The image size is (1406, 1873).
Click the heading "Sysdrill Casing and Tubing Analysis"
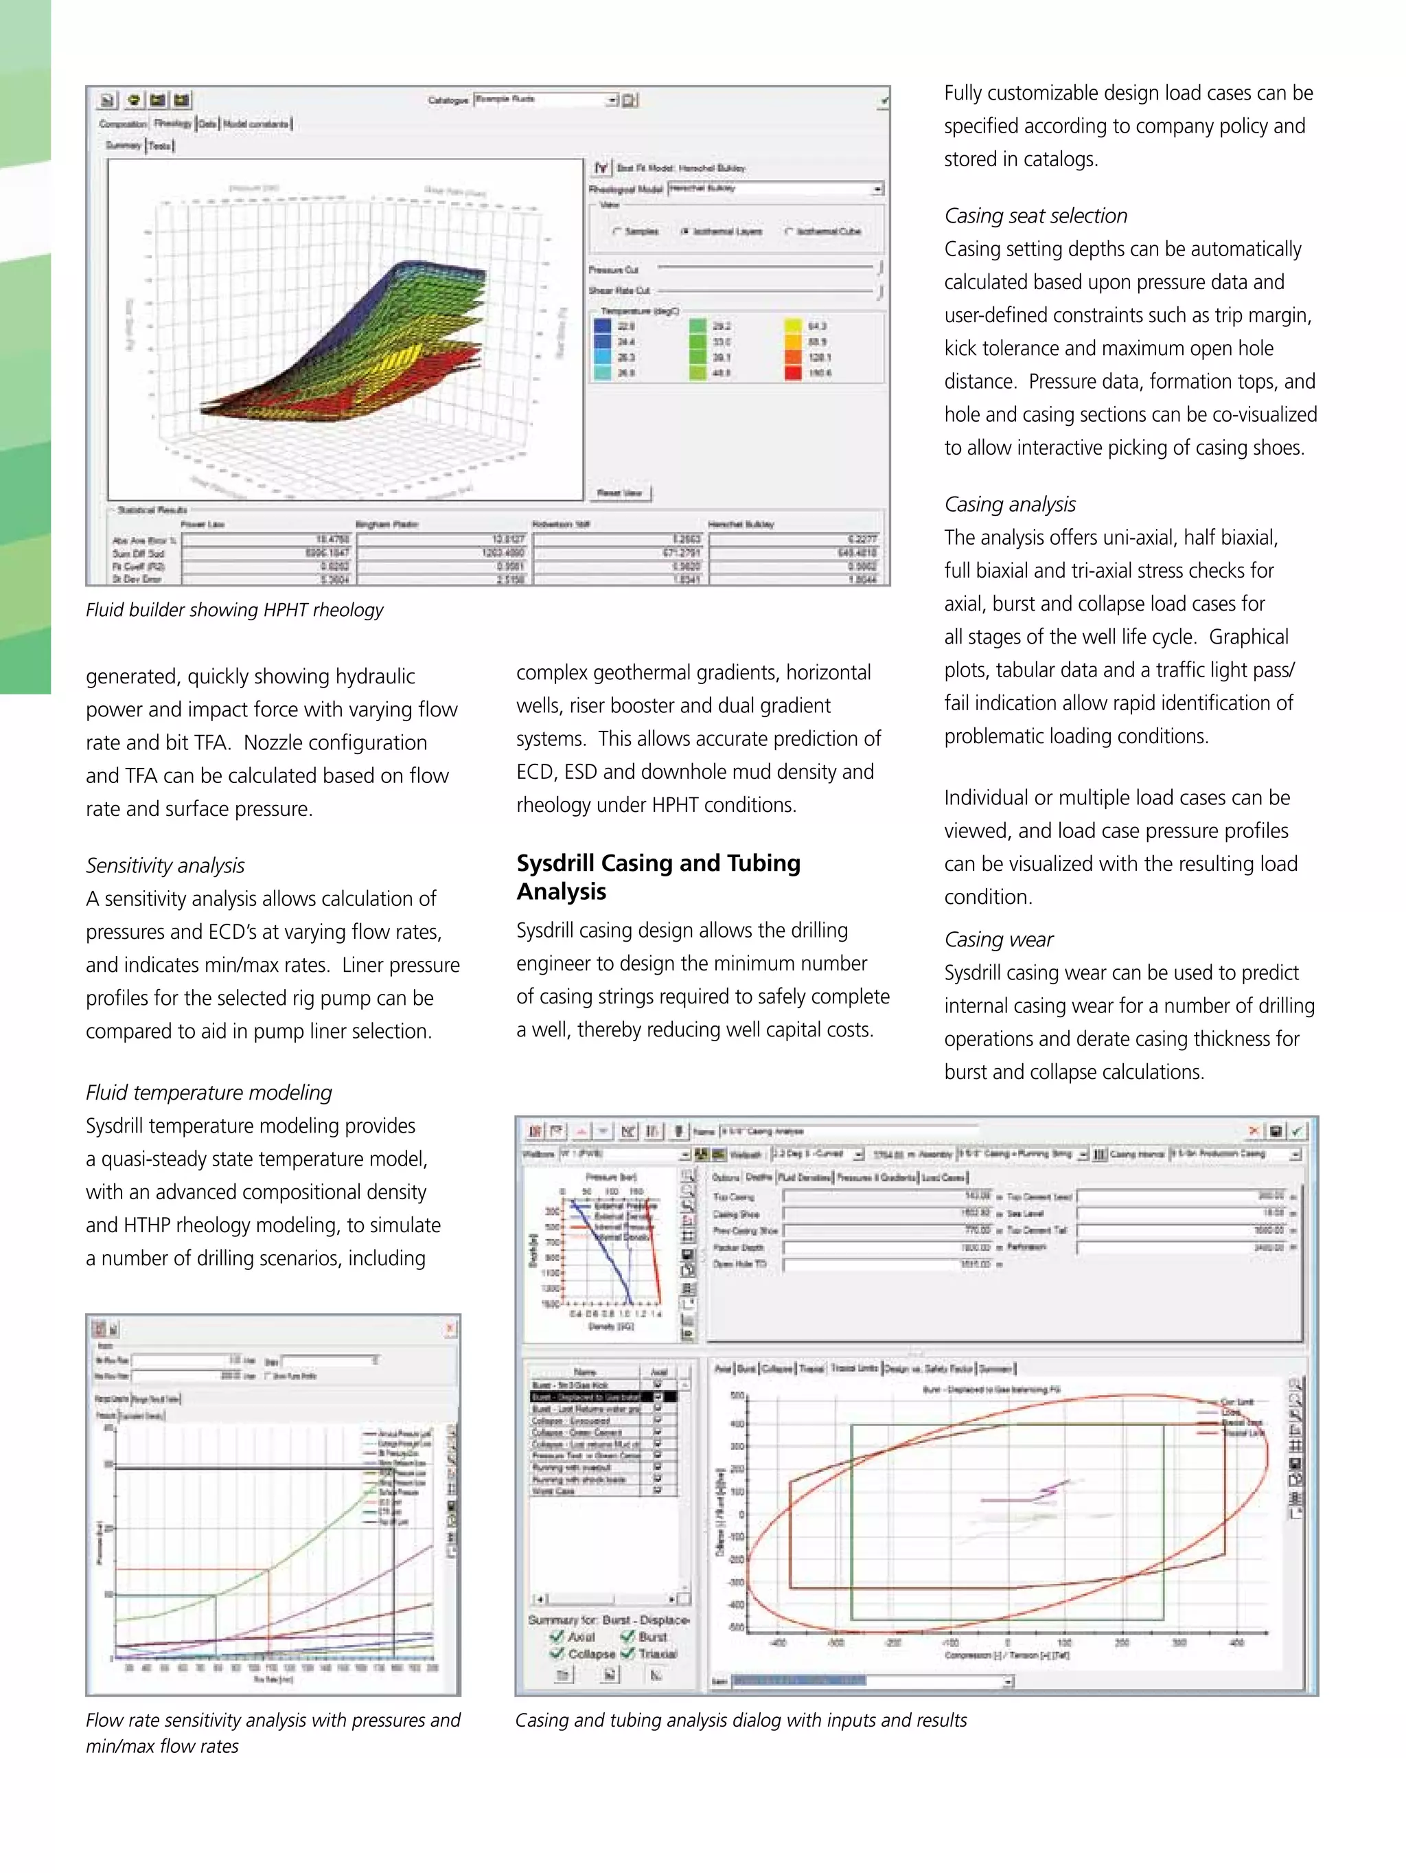pos(658,876)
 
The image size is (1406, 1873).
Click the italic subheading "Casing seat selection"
pos(1035,216)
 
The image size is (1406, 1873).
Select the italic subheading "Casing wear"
pos(998,940)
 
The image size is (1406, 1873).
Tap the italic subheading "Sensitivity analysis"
pos(165,865)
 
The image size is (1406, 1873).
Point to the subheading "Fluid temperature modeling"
pos(208,1092)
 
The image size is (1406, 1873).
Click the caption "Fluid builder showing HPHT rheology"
pos(235,610)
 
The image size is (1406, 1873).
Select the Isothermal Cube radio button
pos(789,231)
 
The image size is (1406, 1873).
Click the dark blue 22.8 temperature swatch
pos(602,326)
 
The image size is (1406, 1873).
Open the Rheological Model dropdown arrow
pos(878,189)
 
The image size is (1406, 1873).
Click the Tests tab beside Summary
pos(160,146)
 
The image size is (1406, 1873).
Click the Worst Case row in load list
pos(555,1491)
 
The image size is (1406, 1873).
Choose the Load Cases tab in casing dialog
pos(943,1178)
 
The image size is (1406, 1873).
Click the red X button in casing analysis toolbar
pos(1253,1131)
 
